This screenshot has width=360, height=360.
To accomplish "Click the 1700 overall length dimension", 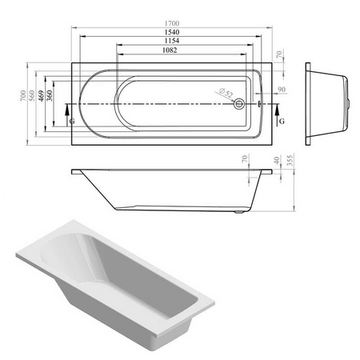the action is point(172,23).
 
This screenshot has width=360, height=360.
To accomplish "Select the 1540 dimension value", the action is point(172,32).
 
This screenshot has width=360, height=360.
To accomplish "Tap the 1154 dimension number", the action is point(172,41).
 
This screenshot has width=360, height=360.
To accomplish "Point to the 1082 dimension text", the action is point(170,50).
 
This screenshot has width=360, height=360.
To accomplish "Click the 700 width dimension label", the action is point(23,96).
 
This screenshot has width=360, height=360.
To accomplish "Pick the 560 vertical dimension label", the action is point(32,96).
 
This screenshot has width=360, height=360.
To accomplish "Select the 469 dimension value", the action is point(41,96).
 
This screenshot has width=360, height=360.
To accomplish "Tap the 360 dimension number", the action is point(50,96).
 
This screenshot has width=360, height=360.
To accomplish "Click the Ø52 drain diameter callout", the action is point(226,93).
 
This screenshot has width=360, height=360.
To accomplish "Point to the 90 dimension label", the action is point(282,90).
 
